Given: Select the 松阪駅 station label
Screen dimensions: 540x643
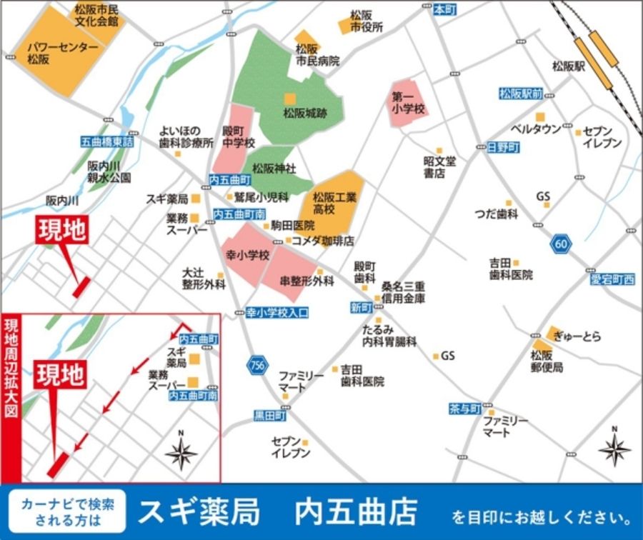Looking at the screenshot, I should click(x=569, y=66).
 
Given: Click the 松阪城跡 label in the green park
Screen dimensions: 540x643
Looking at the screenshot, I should click(x=304, y=113).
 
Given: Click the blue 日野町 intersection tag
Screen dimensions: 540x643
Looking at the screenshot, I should click(x=504, y=146).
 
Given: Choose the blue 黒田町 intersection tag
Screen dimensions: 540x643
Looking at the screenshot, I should click(x=270, y=415).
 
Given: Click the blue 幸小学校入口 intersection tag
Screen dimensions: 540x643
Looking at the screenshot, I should click(x=277, y=312).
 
